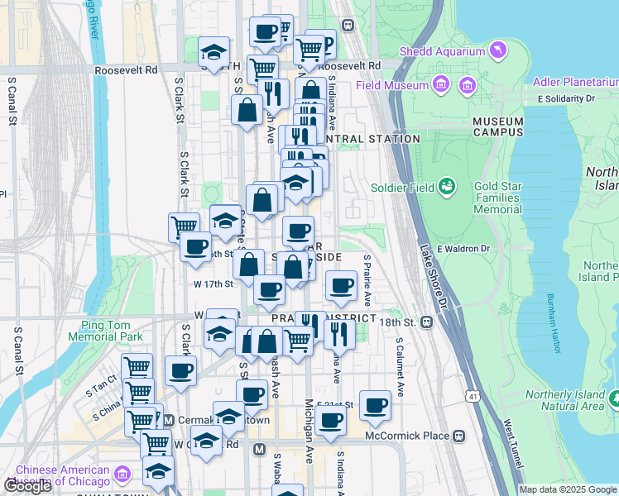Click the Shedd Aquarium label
tap(442, 51)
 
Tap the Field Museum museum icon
tap(440, 84)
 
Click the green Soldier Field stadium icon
tap(447, 186)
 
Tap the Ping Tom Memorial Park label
tap(112, 331)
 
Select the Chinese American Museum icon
tap(123, 475)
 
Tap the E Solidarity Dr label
tap(566, 98)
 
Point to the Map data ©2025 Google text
tap(568, 489)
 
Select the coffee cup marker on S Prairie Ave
tap(341, 286)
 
